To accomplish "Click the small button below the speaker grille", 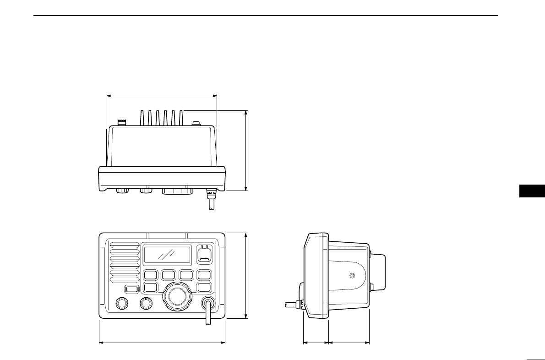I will tap(132, 289).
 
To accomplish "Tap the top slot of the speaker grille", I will tap(124, 245).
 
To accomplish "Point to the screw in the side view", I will tap(352, 276).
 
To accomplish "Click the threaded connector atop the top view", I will tap(122, 122).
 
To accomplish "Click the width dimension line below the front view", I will tap(162, 342).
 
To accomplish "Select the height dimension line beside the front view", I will tap(246, 275).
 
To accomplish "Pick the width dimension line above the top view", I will tap(162, 96).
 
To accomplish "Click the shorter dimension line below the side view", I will tap(316, 342).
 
